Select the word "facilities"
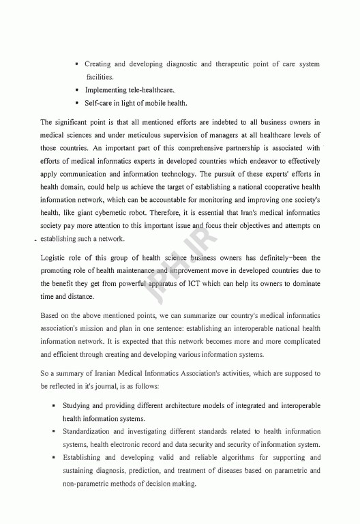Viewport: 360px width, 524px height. pyautogui.click(x=99, y=77)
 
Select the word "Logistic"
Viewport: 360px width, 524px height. pyautogui.click(x=55, y=258)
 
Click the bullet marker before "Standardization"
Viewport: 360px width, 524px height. pyautogui.click(x=54, y=432)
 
